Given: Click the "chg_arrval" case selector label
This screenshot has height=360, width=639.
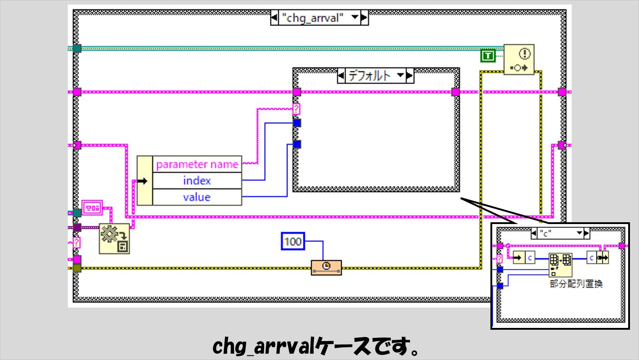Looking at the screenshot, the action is point(313,18).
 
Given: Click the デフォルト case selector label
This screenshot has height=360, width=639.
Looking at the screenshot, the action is point(369,76).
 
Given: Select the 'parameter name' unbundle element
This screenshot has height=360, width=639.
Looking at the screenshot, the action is point(197,164).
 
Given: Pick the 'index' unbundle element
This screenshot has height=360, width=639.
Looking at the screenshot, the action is point(197,181).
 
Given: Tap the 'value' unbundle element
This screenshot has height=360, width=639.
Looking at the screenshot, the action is point(197,197).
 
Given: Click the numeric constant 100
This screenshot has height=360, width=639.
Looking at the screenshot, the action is point(293,242).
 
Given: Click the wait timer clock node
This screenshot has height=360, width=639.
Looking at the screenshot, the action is point(326,267).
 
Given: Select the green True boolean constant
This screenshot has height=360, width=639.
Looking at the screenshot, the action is point(488,56).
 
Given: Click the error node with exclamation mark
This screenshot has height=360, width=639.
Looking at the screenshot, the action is point(519,60).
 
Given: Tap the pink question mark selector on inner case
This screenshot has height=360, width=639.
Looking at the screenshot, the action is point(296,109).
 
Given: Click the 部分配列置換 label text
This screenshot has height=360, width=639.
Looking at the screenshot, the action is point(576,284).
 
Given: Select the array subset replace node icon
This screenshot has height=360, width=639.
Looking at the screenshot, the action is point(560,265).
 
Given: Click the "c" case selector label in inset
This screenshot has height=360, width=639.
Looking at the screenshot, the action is point(546,234).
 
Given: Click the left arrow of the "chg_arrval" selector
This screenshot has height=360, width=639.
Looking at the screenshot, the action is point(274,18).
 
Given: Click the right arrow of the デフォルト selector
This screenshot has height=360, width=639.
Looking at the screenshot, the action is point(410,76).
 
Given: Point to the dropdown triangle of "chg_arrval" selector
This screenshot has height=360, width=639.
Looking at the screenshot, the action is point(355,17).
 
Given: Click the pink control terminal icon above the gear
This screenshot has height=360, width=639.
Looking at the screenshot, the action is point(92,208).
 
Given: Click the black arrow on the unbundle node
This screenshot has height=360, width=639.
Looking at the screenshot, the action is point(142,181).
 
